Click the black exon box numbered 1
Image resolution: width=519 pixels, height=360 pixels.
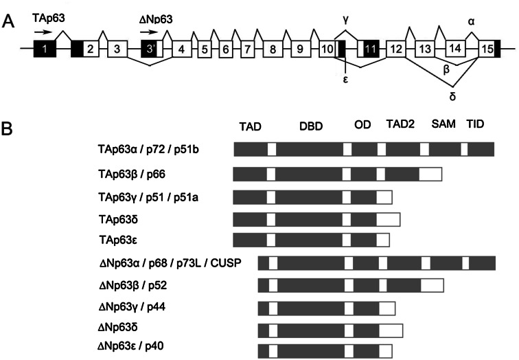(x=45, y=49)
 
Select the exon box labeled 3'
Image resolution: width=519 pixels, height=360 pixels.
(x=150, y=49)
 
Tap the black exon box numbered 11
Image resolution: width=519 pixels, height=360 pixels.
(x=371, y=49)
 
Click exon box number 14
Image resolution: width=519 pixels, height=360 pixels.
(x=454, y=49)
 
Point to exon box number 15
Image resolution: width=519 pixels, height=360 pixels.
(x=487, y=49)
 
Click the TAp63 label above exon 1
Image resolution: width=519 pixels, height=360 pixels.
(x=49, y=14)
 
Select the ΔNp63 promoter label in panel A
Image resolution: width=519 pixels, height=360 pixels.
(x=156, y=21)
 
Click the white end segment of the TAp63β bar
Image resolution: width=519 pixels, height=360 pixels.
(x=430, y=174)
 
